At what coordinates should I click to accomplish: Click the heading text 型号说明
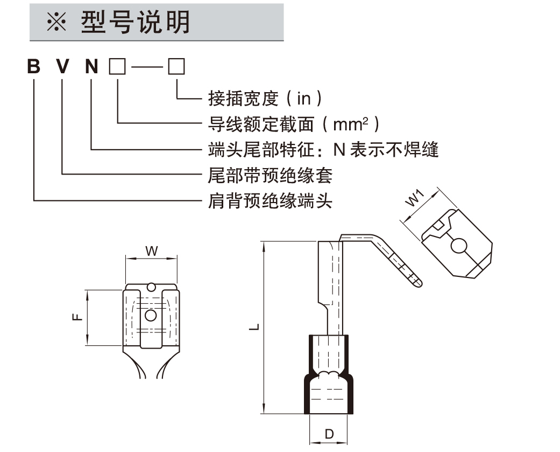[136, 22]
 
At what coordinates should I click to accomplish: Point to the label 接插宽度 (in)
[265, 99]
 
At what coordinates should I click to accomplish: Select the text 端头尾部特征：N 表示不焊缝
[323, 149]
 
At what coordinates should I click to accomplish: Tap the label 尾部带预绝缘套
[270, 175]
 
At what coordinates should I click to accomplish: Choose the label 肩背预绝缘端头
[270, 201]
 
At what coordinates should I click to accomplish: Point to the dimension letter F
[78, 317]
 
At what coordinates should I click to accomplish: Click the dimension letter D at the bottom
[330, 434]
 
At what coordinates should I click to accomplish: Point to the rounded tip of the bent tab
[419, 281]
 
